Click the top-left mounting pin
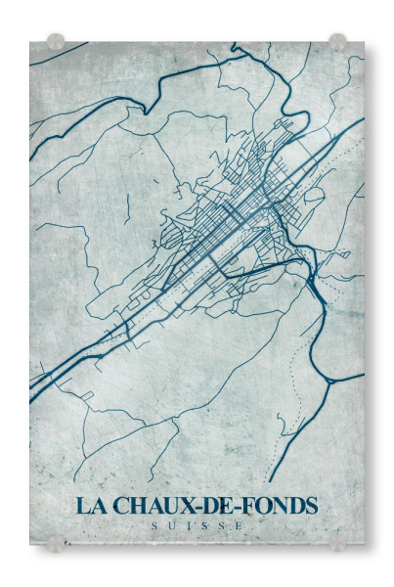[x=56, y=42]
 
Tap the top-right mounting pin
[x=337, y=41]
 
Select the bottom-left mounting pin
[x=56, y=543]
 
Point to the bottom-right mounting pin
[x=337, y=542]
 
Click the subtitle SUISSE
[x=197, y=527]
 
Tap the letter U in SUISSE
[x=174, y=527]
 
